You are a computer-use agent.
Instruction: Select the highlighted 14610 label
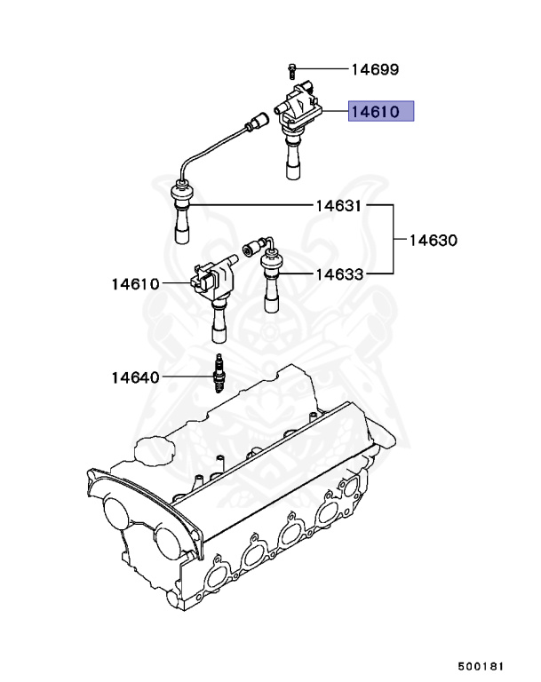click(x=380, y=112)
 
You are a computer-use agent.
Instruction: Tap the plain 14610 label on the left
click(x=135, y=284)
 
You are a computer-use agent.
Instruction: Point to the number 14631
click(x=338, y=206)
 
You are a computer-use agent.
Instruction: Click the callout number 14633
click(x=339, y=274)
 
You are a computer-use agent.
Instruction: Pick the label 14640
click(x=135, y=377)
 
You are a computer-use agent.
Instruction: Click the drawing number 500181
click(x=481, y=664)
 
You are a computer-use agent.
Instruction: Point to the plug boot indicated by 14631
click(x=181, y=213)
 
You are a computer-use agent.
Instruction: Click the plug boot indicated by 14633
click(x=272, y=280)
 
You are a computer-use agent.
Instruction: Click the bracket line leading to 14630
click(x=393, y=240)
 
